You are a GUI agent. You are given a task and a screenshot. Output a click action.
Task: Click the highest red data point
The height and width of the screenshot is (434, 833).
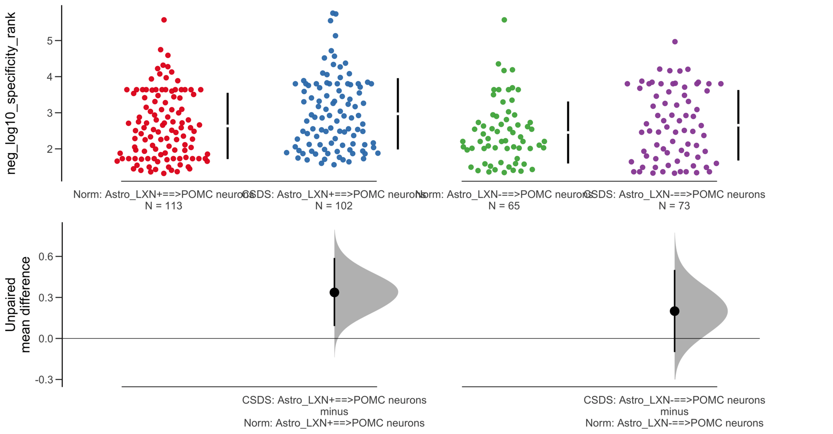(164, 20)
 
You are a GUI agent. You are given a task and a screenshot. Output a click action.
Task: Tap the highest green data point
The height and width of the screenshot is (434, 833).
(504, 20)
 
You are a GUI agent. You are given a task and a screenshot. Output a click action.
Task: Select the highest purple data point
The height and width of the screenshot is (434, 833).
(675, 42)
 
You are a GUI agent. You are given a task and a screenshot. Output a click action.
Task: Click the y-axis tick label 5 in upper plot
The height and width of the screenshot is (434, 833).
(50, 41)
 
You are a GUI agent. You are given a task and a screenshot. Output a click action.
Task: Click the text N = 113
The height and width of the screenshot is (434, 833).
(164, 206)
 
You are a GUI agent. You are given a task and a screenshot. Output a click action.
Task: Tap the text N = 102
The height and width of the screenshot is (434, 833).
(334, 206)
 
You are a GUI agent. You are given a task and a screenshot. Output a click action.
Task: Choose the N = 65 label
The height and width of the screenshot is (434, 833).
(504, 206)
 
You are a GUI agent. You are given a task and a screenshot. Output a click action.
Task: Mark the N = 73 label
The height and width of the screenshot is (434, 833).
(674, 206)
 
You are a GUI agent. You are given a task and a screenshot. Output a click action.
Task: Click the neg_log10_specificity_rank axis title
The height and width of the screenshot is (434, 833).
(11, 93)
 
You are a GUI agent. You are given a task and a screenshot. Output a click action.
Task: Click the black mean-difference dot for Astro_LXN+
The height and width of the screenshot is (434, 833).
(334, 293)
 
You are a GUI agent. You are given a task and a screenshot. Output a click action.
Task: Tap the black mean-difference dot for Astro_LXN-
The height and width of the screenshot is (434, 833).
(674, 311)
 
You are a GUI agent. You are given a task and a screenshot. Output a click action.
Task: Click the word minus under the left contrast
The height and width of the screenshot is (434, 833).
(334, 411)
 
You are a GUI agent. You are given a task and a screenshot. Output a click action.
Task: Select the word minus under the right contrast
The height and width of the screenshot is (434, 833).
(674, 411)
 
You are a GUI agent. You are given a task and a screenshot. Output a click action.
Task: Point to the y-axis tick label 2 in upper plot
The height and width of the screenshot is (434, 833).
(50, 149)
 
